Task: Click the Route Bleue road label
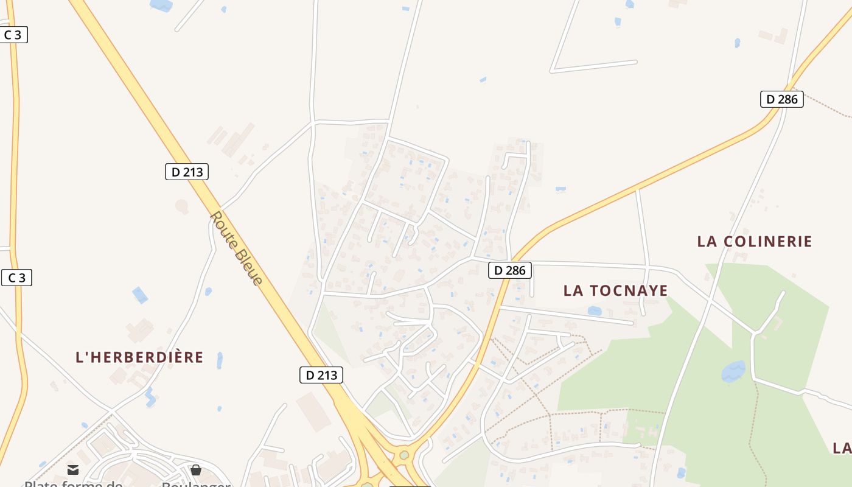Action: click(236, 248)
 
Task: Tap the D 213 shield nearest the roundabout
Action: click(321, 375)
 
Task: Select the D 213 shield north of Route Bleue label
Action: click(187, 172)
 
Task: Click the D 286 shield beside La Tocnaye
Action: click(510, 270)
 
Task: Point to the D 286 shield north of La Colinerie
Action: click(782, 99)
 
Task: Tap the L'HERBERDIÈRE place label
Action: click(139, 357)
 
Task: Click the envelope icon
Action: click(73, 470)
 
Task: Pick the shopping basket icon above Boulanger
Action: click(196, 470)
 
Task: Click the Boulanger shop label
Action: click(196, 483)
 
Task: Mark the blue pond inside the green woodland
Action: click(733, 370)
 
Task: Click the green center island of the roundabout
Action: click(403, 455)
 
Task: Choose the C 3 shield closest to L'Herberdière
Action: click(16, 278)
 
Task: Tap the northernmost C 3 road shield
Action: click(13, 35)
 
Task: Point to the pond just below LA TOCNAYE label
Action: click(595, 311)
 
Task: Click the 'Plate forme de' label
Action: click(73, 483)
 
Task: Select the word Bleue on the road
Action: click(250, 268)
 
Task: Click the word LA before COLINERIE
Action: click(707, 242)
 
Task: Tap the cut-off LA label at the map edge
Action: click(842, 449)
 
